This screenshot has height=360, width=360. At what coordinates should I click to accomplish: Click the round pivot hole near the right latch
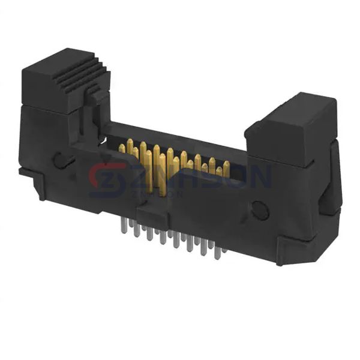(259, 210)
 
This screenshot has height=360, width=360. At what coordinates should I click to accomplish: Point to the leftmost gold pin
(121, 148)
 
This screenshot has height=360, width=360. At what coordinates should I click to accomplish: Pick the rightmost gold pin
(227, 166)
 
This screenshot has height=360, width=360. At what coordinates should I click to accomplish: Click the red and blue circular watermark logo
(106, 179)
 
